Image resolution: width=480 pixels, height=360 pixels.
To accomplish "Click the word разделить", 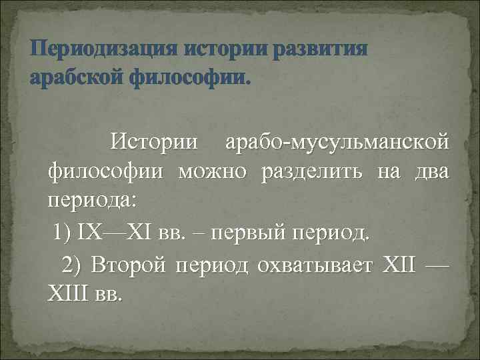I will point(313,172).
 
